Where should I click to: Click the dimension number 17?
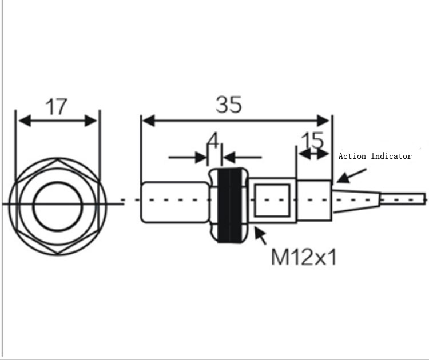click(56, 107)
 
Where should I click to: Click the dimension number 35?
click(229, 104)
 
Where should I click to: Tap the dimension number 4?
click(213, 140)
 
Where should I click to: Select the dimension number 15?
click(312, 141)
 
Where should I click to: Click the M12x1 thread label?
click(304, 257)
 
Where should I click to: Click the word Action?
click(352, 156)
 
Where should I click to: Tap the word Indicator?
click(391, 156)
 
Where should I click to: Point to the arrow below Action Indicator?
click(351, 176)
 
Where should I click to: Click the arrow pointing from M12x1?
click(260, 235)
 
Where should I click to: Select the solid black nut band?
click(229, 205)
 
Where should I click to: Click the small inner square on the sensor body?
click(272, 201)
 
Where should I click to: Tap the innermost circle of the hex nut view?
click(57, 206)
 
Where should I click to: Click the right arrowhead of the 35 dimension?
click(323, 121)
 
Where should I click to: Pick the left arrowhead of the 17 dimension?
click(25, 121)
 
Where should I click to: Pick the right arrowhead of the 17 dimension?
click(90, 121)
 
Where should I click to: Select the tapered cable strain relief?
click(356, 201)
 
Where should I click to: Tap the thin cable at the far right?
click(403, 200)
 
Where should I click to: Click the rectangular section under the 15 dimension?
click(315, 201)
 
